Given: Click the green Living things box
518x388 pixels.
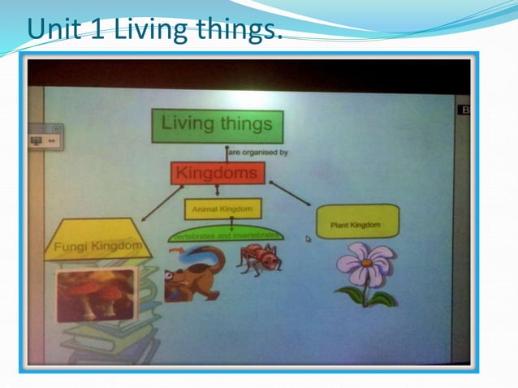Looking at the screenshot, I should [x=217, y=126].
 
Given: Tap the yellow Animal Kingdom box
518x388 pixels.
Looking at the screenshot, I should [x=222, y=209].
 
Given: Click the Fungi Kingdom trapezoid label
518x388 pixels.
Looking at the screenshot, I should [x=98, y=244].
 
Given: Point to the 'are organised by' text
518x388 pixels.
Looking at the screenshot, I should [x=258, y=152].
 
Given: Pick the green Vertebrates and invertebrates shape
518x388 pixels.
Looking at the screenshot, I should [x=227, y=235].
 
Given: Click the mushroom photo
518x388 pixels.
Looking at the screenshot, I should [x=96, y=294].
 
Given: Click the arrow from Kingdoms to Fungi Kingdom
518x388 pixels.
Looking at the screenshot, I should [x=162, y=203].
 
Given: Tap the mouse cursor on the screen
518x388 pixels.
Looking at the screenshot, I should [x=308, y=239].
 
